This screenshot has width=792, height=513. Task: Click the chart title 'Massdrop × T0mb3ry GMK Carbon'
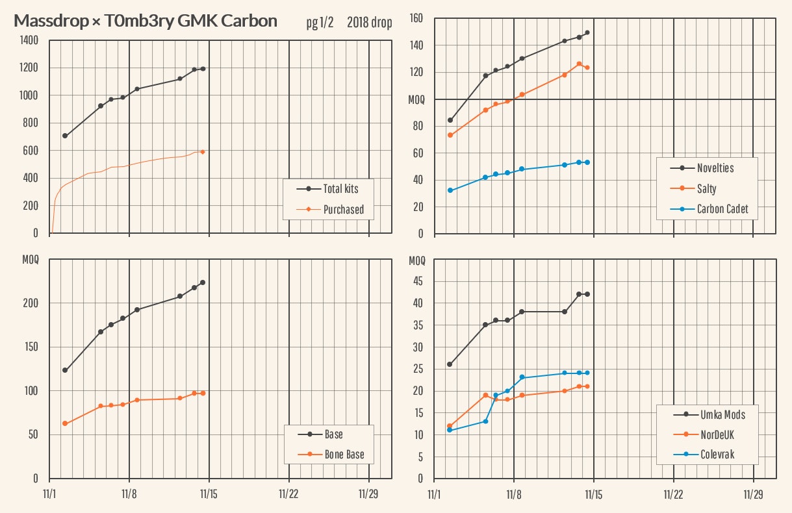click(146, 21)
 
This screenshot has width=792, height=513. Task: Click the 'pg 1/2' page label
click(320, 23)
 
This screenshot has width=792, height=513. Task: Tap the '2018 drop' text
click(369, 23)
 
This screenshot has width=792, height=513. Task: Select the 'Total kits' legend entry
click(340, 189)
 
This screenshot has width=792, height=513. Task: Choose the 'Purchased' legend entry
click(343, 210)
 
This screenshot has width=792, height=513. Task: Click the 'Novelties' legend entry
click(715, 168)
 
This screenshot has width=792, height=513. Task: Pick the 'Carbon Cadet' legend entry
click(722, 209)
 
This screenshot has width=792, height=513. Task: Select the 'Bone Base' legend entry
click(344, 455)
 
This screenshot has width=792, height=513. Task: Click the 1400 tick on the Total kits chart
click(29, 40)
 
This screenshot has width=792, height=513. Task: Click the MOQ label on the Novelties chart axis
click(416, 99)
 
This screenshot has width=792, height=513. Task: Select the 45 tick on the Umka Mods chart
click(419, 282)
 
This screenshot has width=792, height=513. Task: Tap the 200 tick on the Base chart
click(30, 303)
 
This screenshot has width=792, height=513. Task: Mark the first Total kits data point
click(65, 136)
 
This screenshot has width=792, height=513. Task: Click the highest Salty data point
click(579, 64)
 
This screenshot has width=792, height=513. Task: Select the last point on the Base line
click(203, 282)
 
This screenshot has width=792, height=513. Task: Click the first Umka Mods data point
click(450, 364)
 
